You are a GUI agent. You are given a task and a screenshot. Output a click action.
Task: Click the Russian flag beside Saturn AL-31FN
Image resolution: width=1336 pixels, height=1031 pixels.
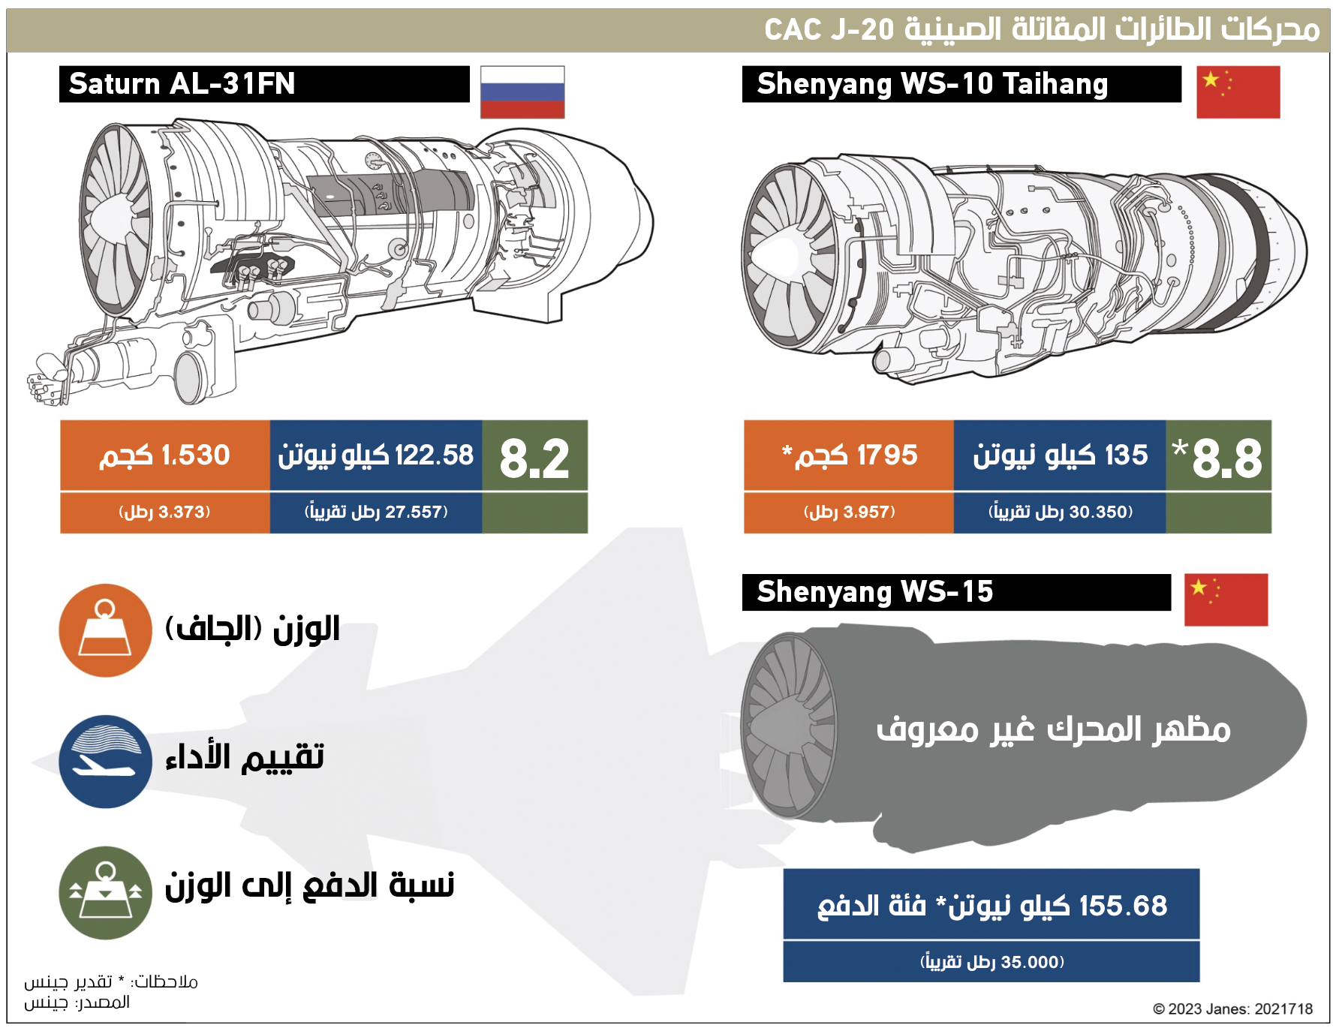tap(522, 92)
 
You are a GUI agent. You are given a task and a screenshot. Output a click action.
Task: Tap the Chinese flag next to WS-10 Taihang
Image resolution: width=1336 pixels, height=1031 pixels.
tap(1238, 92)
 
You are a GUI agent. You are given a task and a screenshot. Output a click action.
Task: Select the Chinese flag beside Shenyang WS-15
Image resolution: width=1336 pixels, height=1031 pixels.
tap(1226, 600)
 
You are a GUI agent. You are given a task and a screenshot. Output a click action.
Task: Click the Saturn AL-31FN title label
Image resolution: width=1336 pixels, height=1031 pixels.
tap(182, 83)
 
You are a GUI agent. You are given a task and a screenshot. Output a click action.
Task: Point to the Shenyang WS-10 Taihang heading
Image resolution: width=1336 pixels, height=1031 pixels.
tap(932, 84)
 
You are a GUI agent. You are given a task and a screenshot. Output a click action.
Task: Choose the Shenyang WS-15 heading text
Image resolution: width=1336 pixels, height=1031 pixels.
tap(875, 592)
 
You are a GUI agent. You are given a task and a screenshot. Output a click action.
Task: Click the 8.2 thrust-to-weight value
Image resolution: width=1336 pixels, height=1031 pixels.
tap(534, 458)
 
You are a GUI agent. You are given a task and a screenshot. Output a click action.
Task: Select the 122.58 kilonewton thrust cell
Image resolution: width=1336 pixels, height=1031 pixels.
tap(376, 455)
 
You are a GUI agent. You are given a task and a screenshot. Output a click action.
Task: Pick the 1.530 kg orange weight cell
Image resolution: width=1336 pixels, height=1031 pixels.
tap(165, 455)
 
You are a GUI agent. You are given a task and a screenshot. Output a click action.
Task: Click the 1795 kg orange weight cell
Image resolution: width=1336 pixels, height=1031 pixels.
tap(849, 455)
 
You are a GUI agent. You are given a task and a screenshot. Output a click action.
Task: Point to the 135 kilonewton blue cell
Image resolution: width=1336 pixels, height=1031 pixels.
tap(1060, 455)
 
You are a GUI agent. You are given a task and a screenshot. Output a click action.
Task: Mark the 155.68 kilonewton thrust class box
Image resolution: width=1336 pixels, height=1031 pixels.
tap(991, 904)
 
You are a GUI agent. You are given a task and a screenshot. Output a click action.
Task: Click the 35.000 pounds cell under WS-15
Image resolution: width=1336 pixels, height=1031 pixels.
tap(991, 962)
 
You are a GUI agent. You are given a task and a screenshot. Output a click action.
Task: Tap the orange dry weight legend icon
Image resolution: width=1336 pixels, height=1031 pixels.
tap(105, 630)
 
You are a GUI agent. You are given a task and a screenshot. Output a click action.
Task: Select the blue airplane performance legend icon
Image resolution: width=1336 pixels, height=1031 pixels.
tap(105, 762)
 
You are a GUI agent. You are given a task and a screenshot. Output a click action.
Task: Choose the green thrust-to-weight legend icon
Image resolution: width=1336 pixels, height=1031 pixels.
tap(105, 893)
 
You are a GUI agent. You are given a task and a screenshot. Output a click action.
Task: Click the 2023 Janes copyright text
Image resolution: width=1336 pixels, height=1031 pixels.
tap(1232, 1009)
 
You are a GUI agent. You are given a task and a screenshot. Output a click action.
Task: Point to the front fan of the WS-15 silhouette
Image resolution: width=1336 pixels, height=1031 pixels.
tap(789, 726)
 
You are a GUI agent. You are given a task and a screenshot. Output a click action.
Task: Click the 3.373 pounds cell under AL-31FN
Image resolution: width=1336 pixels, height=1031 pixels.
tap(165, 512)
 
